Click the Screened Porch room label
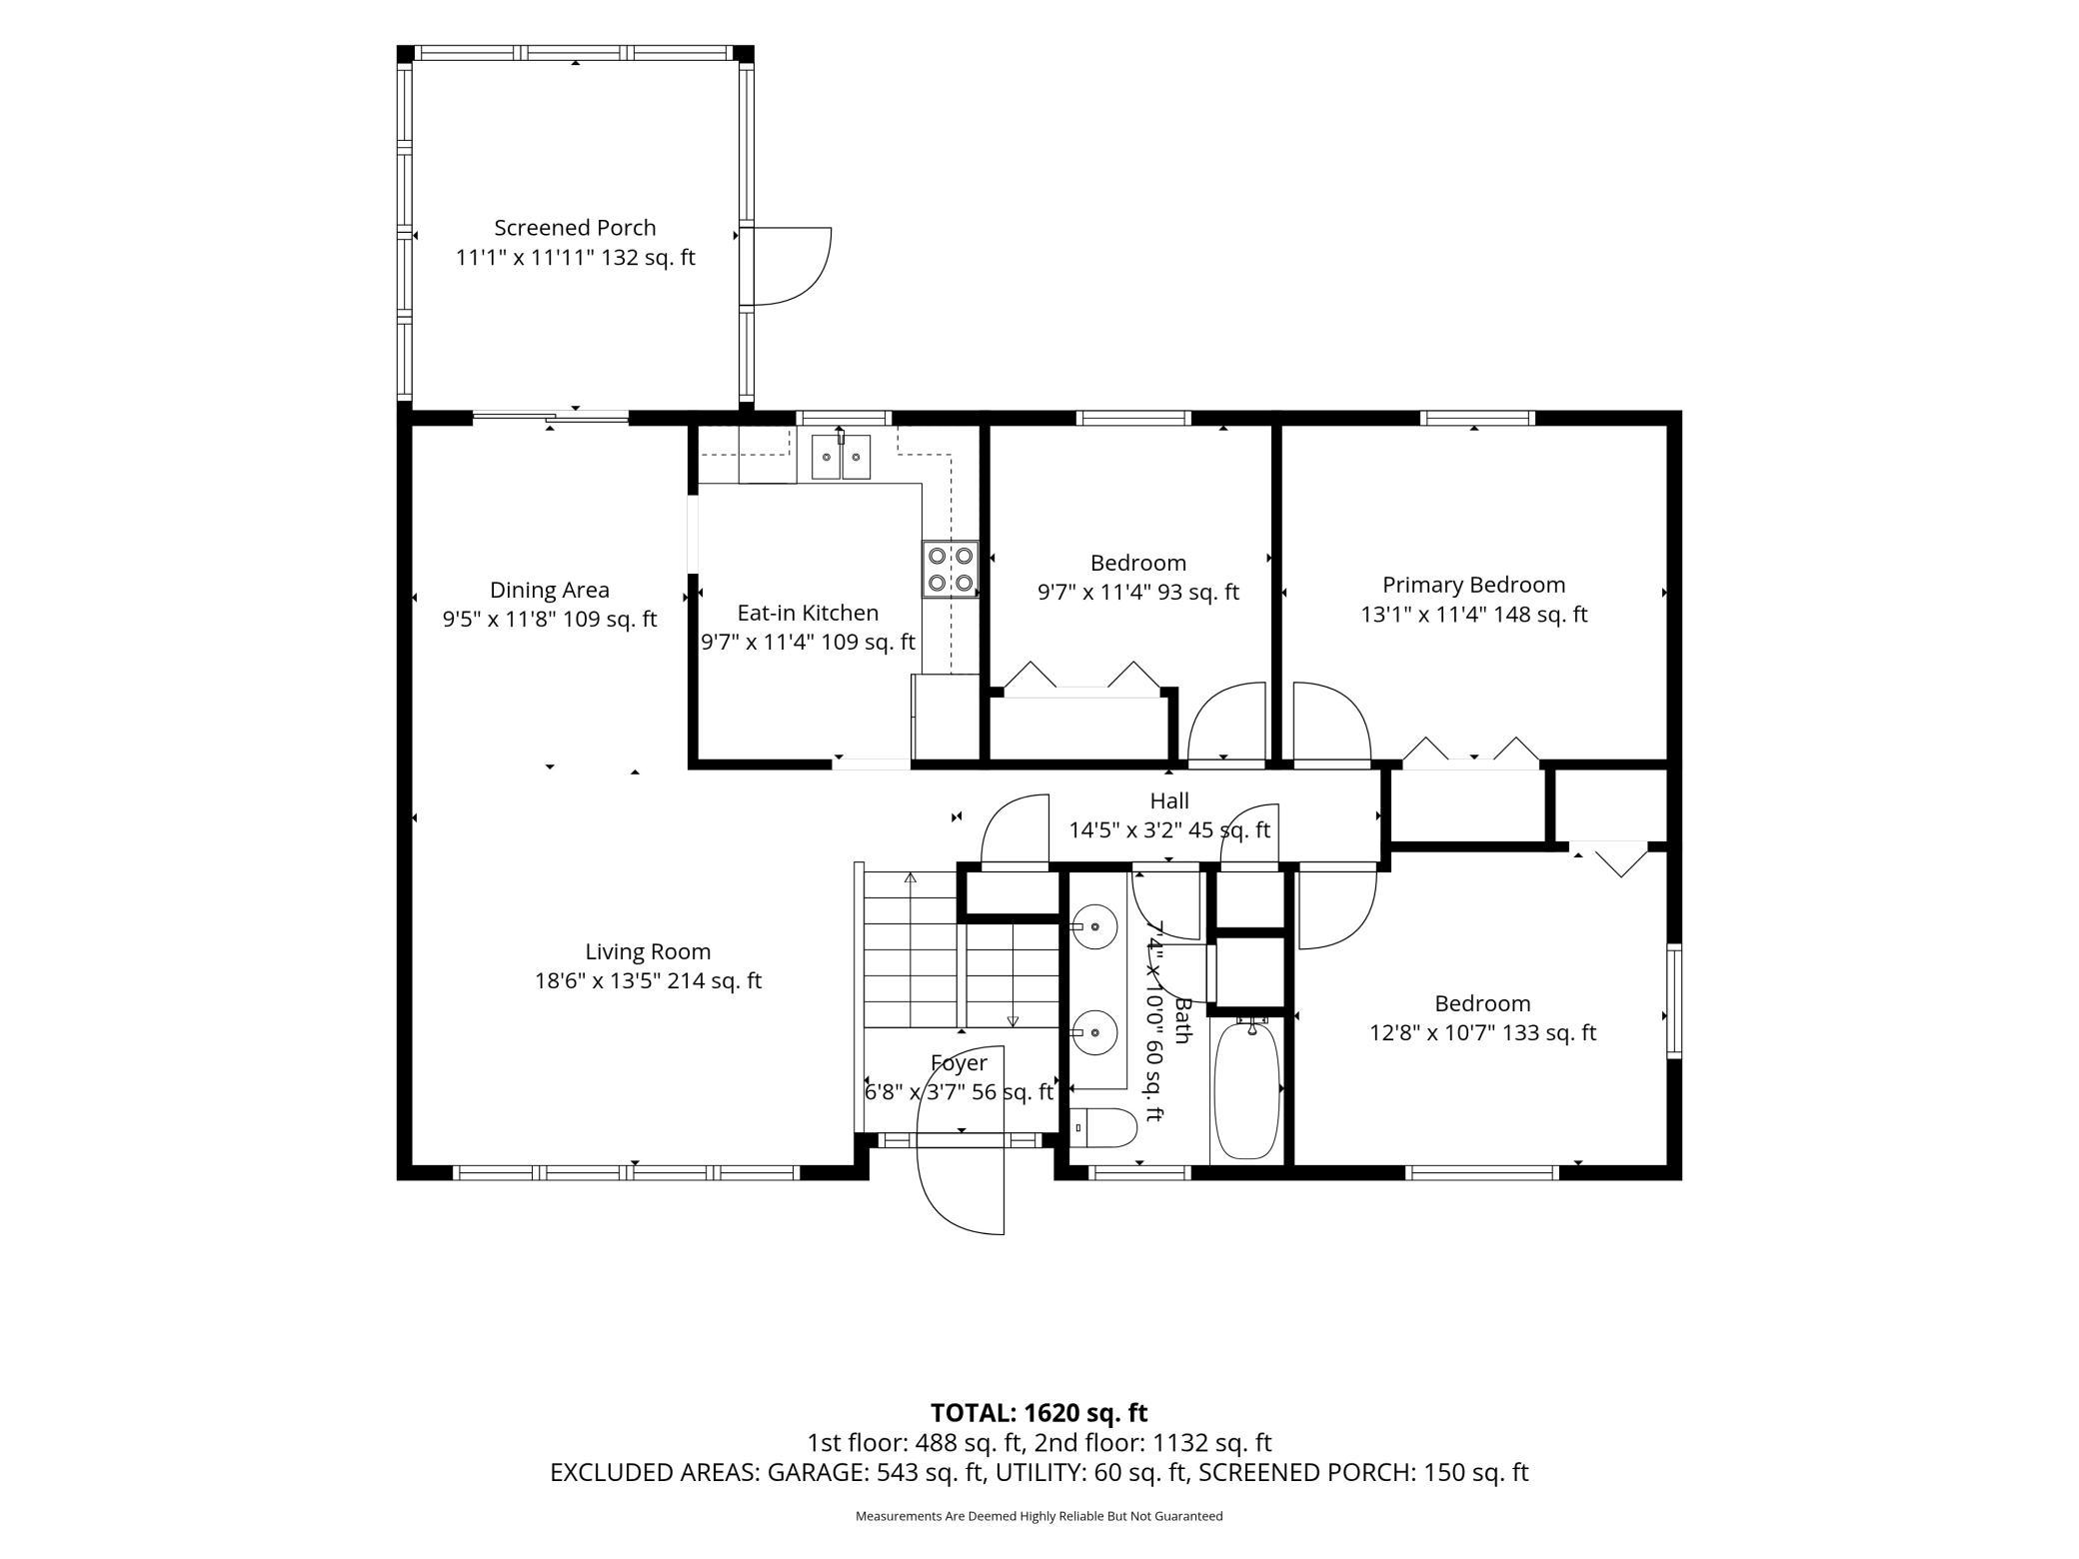pos(575,228)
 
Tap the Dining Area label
pos(550,590)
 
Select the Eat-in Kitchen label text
pos(808,613)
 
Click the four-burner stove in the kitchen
pos(950,569)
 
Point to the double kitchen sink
pos(840,457)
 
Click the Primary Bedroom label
pos(1473,585)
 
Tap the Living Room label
pos(648,951)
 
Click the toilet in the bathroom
pos(1103,1127)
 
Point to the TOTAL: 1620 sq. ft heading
pos(1039,1412)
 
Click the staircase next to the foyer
pos(960,949)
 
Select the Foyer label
pos(959,1063)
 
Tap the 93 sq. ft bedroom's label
pos(1137,563)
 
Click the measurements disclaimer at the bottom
pos(1039,1516)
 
